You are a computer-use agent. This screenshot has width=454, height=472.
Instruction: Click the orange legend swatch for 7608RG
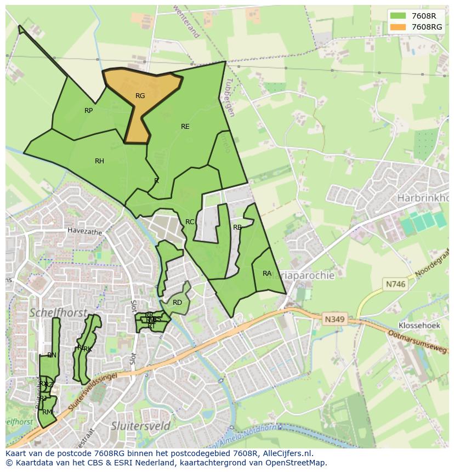399,27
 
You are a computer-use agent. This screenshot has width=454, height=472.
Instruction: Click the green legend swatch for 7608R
399,16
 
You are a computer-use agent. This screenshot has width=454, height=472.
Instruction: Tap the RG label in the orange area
140,96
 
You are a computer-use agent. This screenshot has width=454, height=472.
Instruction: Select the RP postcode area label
89,111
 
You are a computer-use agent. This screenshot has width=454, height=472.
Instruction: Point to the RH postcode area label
99,161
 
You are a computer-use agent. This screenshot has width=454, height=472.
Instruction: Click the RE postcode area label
185,127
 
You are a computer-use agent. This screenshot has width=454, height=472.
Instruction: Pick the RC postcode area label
190,222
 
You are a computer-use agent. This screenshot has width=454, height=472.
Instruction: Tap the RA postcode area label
267,274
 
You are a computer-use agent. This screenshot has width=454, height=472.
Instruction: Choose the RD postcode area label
177,303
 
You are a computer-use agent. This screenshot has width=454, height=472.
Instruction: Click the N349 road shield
334,319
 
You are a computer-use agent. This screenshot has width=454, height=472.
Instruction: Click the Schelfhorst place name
58,312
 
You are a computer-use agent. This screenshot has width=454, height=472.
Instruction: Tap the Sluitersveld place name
137,425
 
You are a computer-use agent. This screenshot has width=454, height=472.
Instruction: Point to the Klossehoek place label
420,325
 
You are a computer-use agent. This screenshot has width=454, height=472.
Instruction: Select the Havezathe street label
85,232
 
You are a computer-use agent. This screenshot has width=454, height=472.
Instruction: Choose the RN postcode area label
52,355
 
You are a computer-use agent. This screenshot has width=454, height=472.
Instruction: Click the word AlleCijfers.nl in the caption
285,453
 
